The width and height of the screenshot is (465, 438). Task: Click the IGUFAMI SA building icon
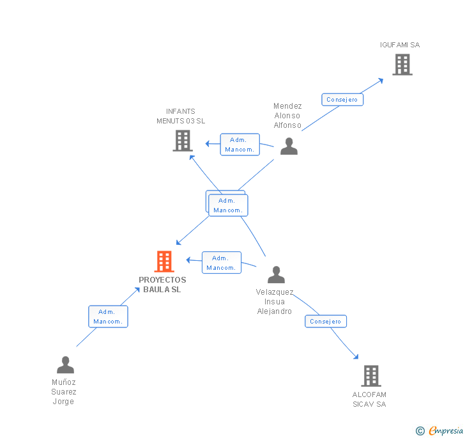(402, 65)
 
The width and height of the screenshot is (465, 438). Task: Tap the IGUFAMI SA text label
(400, 45)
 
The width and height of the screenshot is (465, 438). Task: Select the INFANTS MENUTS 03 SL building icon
(183, 141)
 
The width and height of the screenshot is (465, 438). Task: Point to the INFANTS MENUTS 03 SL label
(181, 116)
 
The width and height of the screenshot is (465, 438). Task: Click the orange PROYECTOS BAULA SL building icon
(164, 262)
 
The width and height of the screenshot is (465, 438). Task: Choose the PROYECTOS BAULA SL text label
(162, 285)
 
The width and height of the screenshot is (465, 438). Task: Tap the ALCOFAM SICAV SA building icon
(370, 376)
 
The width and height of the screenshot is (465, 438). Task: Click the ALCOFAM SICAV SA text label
(369, 399)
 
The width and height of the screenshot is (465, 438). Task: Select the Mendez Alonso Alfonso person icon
(289, 146)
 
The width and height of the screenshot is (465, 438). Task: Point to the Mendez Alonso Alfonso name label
(287, 116)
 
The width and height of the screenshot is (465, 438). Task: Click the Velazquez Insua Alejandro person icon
(276, 275)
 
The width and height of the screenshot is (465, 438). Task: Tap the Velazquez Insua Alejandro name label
(275, 302)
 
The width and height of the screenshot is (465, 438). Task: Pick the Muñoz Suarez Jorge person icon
(65, 365)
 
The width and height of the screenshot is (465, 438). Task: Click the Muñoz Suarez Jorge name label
(64, 392)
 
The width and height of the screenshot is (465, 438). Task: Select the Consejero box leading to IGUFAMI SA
(342, 100)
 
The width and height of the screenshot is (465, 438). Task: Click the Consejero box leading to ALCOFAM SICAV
(326, 322)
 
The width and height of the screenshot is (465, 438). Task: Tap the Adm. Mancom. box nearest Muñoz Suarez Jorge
(108, 317)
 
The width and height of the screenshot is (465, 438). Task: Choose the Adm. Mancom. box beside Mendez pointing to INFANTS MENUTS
(240, 145)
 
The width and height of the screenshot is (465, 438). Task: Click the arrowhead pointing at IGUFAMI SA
(381, 79)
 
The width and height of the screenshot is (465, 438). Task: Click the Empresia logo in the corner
(439, 430)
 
